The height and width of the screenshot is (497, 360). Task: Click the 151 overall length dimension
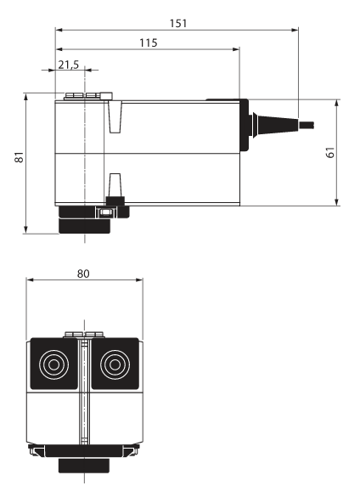[x=177, y=23]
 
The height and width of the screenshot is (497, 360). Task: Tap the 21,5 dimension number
[x=68, y=65]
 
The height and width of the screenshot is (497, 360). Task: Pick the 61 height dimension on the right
[x=330, y=152]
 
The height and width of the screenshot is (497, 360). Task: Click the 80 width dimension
[x=83, y=274]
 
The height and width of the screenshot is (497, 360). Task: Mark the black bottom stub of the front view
[x=83, y=466]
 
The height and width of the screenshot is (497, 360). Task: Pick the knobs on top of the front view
[x=84, y=334]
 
